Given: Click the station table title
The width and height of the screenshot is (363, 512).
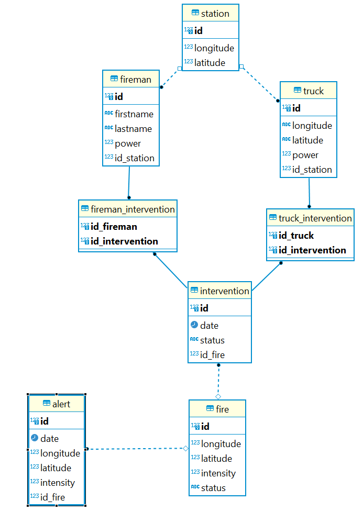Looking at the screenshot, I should tap(215, 13).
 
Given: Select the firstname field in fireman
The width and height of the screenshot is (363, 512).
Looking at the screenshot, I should tap(134, 114).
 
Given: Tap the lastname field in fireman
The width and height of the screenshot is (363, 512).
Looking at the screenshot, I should tap(133, 129).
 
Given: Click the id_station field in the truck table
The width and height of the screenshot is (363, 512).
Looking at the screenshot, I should tap(312, 170).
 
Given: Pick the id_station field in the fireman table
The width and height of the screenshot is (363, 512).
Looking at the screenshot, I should tap(135, 158).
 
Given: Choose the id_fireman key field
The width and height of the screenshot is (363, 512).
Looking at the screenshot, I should tap(114, 227).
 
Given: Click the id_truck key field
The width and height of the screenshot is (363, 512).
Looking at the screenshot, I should tap(296, 236).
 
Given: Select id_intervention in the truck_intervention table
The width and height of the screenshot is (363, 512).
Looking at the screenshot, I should tap(312, 250).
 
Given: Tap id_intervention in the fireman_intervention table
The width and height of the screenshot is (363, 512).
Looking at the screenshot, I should tap(124, 241).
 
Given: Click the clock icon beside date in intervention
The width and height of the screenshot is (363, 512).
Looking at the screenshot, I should tap(194, 325).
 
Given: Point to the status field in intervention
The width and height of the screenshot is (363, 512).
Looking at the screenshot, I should tap(212, 340).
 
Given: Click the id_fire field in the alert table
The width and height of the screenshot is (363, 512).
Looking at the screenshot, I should tap(52, 497).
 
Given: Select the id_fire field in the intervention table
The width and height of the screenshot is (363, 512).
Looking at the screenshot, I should tap(213, 355).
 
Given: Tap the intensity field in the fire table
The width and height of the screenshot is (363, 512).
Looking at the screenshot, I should tap(218, 473).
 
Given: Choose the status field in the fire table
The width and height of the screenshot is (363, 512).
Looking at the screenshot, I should tap(213, 488).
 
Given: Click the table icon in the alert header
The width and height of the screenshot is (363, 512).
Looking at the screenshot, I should tap(47, 404).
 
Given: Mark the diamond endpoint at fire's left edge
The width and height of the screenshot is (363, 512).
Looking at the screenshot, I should tap(185, 448).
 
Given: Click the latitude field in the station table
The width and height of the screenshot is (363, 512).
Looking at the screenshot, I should tap(210, 63).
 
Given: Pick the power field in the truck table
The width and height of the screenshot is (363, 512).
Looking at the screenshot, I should tap(305, 155).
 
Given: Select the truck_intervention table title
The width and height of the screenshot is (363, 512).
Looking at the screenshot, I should tap(315, 218).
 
